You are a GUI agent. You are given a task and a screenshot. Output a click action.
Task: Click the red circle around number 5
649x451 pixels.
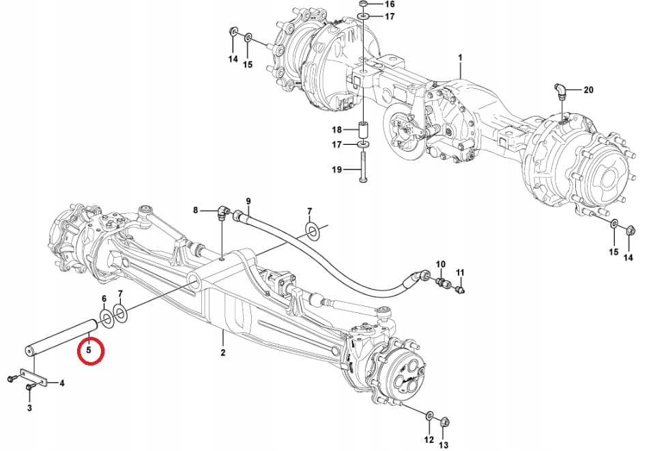coord(90,351)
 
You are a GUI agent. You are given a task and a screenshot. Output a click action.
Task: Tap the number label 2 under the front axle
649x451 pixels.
coord(222,353)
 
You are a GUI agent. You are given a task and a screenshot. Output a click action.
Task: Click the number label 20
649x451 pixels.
coord(588,90)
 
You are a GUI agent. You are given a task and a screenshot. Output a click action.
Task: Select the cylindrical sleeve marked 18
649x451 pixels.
coord(364,129)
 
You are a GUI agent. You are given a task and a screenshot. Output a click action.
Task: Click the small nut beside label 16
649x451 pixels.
coord(364,4)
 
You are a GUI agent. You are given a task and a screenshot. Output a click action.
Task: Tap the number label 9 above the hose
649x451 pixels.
coord(248,201)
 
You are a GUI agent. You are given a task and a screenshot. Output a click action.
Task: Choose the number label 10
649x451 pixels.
coord(440,264)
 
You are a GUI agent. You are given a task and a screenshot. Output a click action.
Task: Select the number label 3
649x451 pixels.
coord(29,408)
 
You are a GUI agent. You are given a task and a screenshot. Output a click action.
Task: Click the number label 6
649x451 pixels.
coord(104,299)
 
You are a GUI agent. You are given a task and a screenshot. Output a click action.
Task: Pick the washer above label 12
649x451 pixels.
coord(428,415)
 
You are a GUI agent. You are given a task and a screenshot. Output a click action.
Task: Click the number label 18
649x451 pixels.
coord(336,129)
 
